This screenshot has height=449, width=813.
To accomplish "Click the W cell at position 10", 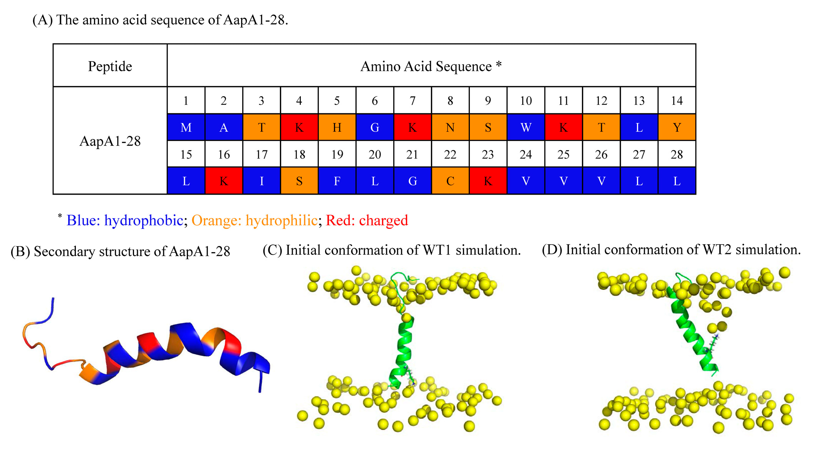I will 526,127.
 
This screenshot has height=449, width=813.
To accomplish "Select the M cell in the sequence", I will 186,127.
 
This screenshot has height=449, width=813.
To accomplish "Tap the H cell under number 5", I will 337,127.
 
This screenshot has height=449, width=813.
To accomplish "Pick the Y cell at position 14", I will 677,127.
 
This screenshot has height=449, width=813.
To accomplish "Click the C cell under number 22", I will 450,181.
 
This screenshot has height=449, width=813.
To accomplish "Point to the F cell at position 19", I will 337,181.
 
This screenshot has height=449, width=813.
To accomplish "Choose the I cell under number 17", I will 262,181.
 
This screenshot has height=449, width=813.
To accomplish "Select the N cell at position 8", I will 450,127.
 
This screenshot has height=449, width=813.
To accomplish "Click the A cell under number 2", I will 224,127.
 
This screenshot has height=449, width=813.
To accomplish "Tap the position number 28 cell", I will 677,154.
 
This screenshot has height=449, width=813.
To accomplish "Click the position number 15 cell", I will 186,154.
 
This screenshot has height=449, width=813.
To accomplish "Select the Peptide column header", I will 110,66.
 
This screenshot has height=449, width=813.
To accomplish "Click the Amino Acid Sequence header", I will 431,66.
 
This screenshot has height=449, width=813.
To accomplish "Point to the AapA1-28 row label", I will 110,141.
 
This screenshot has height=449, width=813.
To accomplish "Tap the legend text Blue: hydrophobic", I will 124,220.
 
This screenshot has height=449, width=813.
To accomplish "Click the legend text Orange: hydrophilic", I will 254,220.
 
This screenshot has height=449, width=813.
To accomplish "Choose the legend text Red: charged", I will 367,220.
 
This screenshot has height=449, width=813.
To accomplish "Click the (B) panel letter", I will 20,251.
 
